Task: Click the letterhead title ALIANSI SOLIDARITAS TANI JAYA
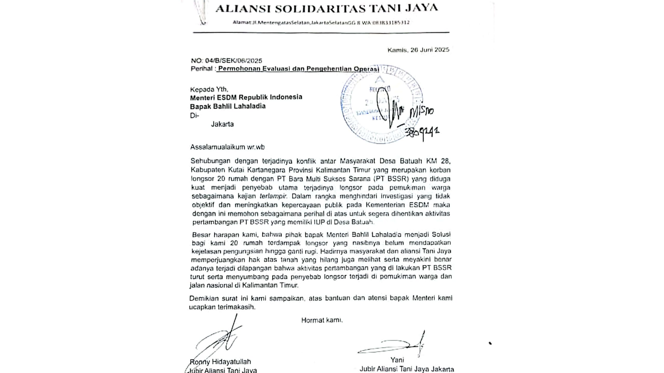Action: [x=326, y=8]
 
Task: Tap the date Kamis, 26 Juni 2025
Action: [x=418, y=50]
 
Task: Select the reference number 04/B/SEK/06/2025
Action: [x=233, y=61]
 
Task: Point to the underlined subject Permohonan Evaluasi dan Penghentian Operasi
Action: [x=298, y=69]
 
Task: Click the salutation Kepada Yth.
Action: [x=209, y=90]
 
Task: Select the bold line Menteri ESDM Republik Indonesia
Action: [x=246, y=97]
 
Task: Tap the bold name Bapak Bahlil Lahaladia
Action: [x=228, y=106]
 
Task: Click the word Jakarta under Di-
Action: [x=222, y=124]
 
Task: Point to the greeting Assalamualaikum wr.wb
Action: [x=227, y=147]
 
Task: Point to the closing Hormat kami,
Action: [x=322, y=320]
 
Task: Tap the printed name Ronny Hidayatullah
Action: [x=220, y=362]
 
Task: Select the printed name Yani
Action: [x=397, y=360]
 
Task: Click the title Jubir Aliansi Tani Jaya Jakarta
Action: [x=407, y=369]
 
